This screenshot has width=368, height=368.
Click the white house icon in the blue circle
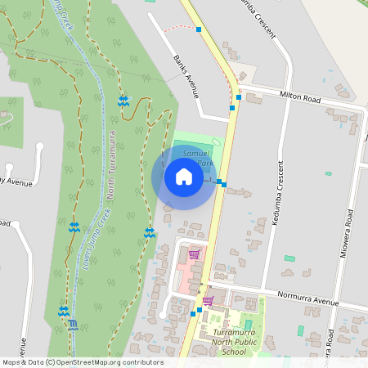[x=184, y=177]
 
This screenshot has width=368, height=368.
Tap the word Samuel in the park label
[x=196, y=153]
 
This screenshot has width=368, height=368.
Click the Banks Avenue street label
[x=187, y=76]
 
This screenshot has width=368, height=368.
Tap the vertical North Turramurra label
[x=114, y=164]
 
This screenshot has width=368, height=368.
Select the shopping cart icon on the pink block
[x=194, y=254]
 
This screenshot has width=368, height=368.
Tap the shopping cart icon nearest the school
[x=209, y=300]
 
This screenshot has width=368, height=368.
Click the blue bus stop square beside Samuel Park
[x=223, y=184]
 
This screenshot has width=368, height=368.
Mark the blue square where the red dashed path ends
[x=199, y=29]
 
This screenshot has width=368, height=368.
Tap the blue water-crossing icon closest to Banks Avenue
[x=123, y=101]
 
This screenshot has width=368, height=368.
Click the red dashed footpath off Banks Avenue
[x=176, y=29]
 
